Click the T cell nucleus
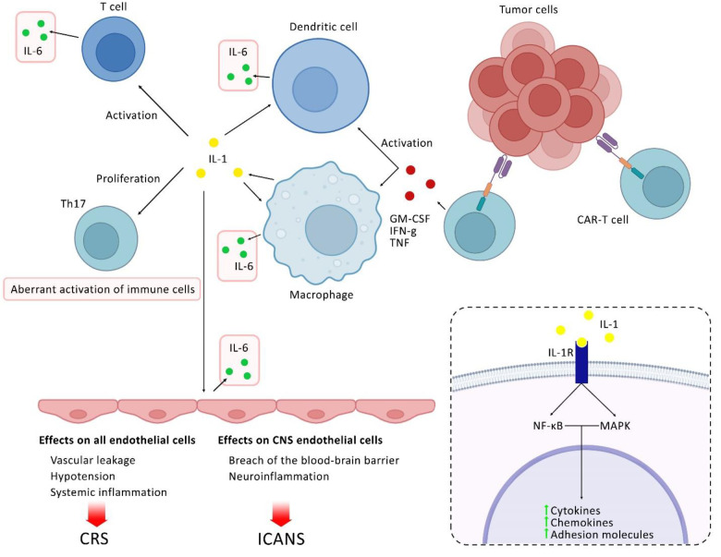tap(115, 53)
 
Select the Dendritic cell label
tap(324, 27)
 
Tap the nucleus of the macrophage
tap(331, 230)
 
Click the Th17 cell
tap(106, 238)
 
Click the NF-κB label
tap(548, 426)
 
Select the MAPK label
tap(616, 426)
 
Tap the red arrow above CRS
tap(96, 515)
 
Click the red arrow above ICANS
tap(280, 515)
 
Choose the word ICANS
tap(281, 539)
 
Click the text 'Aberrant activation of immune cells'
tap(103, 289)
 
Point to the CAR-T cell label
tap(603, 220)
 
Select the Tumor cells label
tap(529, 9)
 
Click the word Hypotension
tap(83, 476)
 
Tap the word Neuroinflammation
tap(278, 476)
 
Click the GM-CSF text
tap(409, 219)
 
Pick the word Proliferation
tap(128, 178)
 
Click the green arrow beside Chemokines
tap(545, 521)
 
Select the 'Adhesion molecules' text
tap(602, 535)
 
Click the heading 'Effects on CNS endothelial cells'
tap(300, 441)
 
